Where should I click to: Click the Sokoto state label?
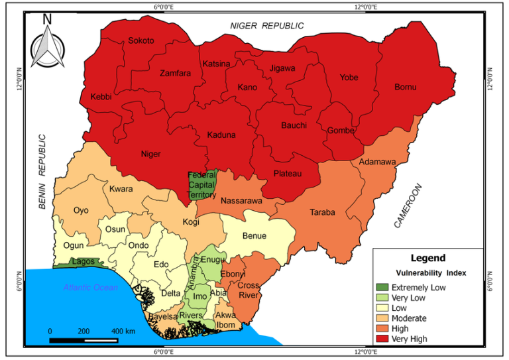(141, 40)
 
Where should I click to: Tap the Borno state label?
(405, 87)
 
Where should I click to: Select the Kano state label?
(247, 88)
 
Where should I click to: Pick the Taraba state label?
(323, 213)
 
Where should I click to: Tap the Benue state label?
(254, 235)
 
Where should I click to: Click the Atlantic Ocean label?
(91, 287)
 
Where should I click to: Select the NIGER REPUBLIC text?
(267, 25)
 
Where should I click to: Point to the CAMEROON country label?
(408, 206)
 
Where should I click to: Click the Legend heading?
(428, 258)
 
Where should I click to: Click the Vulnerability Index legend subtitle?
(431, 273)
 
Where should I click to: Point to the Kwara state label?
(121, 189)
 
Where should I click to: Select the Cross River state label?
(248, 290)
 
